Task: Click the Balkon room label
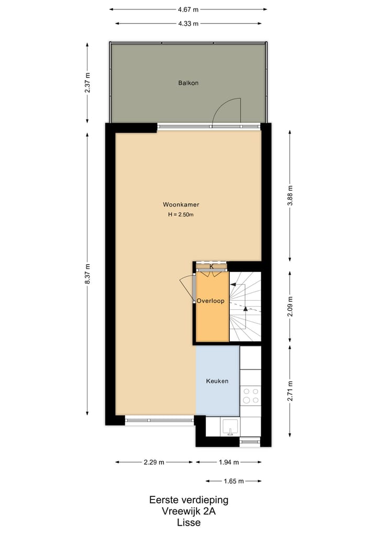coord(188,83)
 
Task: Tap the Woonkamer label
coord(181,205)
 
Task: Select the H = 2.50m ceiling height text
coord(181,214)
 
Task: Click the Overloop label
coord(210,301)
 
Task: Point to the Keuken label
coord(217,381)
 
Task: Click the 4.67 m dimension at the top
coord(188,9)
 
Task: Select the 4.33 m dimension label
coord(188,23)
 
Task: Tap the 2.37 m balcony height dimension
coord(87,82)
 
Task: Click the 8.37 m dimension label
coord(87,274)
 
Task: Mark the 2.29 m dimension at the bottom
coord(154,462)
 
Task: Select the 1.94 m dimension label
coord(228,462)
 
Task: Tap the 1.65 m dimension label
coord(234,481)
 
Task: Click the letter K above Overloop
coord(211,267)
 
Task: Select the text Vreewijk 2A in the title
coord(188,511)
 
